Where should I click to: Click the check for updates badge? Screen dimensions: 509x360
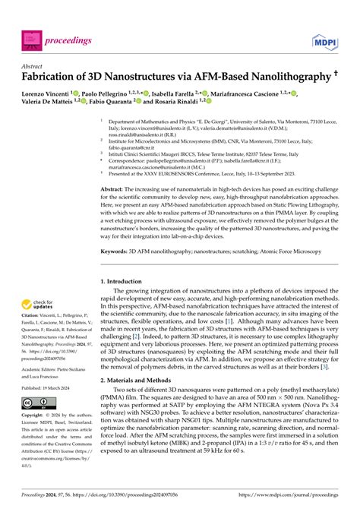click(x=38, y=305)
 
